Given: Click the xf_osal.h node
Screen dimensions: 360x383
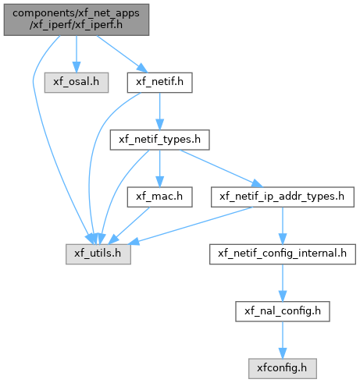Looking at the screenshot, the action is pyautogui.click(x=77, y=83).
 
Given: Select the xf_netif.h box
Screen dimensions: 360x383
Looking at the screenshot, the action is pyautogui.click(x=159, y=83).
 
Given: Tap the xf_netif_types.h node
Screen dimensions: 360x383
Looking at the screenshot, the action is pyautogui.click(x=159, y=140).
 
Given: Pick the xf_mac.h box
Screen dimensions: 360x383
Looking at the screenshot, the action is pyautogui.click(x=159, y=197).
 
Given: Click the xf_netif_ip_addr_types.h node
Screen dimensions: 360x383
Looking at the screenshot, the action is pyautogui.click(x=283, y=197).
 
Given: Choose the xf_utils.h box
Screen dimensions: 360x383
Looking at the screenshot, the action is pyautogui.click(x=98, y=254).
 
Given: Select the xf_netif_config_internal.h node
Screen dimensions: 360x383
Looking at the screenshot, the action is pyautogui.click(x=283, y=254).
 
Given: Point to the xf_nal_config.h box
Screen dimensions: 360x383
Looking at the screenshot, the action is pyautogui.click(x=283, y=311).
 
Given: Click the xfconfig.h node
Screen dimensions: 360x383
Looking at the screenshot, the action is pyautogui.click(x=283, y=368).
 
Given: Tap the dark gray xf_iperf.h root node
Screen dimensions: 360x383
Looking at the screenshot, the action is pyautogui.click(x=77, y=20).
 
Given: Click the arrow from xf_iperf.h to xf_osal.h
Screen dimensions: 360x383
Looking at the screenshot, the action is pyautogui.click(x=77, y=54).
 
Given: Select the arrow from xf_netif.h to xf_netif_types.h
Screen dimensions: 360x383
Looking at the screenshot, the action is pyautogui.click(x=159, y=111).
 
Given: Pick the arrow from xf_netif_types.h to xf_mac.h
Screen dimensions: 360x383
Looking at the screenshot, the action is pyautogui.click(x=159, y=168).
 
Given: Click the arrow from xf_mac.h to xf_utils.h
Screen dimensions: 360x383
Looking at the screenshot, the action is pyautogui.click(x=130, y=225).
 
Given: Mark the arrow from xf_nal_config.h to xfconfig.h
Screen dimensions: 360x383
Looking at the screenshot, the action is pyautogui.click(x=283, y=340).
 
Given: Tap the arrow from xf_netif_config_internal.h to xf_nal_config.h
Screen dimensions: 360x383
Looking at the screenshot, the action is pyautogui.click(x=283, y=282).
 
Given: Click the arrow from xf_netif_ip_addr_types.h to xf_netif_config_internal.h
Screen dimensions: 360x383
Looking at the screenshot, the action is pyautogui.click(x=283, y=225).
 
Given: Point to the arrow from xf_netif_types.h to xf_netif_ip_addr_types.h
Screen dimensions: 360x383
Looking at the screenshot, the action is pyautogui.click(x=221, y=168).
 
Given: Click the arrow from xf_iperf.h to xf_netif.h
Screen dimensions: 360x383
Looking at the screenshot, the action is pyautogui.click(x=122, y=54).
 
